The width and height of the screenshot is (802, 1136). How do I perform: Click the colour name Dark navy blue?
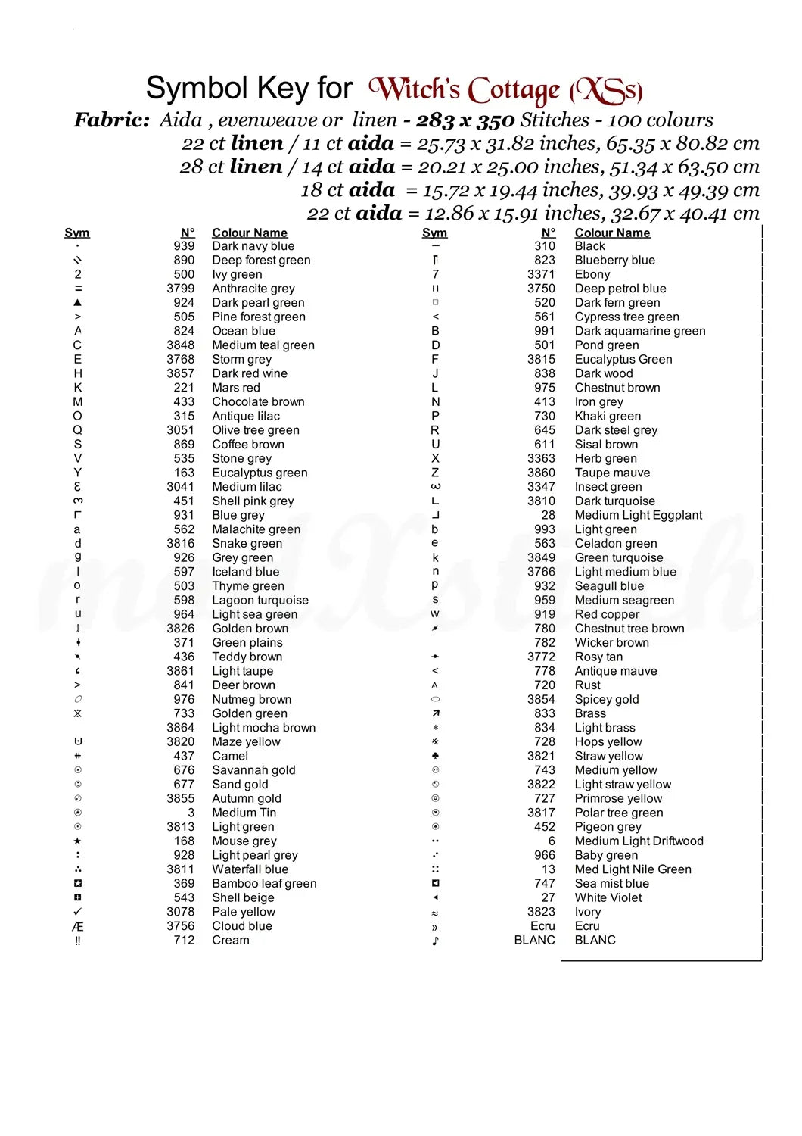tap(253, 246)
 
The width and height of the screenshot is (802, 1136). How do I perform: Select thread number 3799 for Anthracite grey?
tap(180, 289)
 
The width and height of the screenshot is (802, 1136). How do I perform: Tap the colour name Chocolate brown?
tap(258, 402)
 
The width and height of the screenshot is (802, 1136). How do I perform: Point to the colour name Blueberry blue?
tap(614, 261)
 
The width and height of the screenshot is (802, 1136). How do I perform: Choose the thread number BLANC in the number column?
tap(534, 940)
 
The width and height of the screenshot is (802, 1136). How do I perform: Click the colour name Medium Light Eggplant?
tap(638, 515)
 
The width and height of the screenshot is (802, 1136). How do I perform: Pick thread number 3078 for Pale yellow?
tap(180, 912)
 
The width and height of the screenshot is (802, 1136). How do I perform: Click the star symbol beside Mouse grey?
tap(78, 841)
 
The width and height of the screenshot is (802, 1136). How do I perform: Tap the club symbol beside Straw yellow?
tap(435, 756)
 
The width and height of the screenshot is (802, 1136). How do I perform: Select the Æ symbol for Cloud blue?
tap(77, 926)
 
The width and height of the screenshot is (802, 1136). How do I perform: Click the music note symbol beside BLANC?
tap(435, 941)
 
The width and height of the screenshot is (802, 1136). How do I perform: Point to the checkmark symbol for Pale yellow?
tap(78, 912)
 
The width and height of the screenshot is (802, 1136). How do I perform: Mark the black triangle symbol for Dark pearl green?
tap(78, 303)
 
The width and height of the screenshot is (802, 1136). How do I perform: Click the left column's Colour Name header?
tap(249, 233)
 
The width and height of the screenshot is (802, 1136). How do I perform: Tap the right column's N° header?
tap(549, 233)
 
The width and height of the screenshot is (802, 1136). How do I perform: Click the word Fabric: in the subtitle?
tap(111, 120)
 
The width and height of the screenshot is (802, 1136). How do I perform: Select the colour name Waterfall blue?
tap(250, 869)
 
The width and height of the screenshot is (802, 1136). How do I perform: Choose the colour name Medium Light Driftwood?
tap(639, 841)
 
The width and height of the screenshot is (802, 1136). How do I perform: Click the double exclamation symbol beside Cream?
tap(77, 941)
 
